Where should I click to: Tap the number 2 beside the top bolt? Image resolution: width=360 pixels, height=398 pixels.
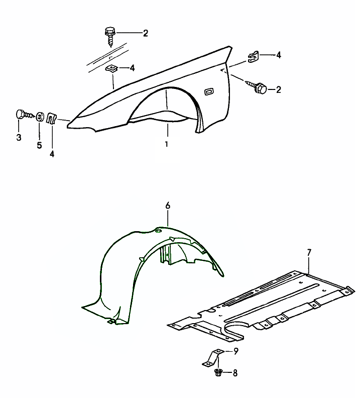click(145, 34)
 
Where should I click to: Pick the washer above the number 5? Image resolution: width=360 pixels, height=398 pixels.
click(39, 117)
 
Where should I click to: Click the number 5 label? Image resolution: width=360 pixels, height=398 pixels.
click(39, 146)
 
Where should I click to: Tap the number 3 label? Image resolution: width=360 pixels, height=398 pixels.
click(19, 137)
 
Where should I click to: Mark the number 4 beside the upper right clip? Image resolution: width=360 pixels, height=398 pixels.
click(279, 55)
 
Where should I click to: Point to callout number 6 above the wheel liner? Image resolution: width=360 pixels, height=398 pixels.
click(168, 206)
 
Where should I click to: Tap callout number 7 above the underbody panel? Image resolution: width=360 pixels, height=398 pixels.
click(309, 252)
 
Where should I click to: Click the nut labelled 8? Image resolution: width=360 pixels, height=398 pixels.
click(218, 372)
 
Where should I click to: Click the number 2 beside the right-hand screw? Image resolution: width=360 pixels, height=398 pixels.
click(278, 89)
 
